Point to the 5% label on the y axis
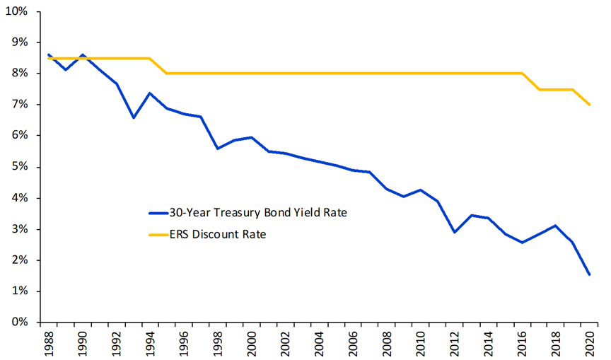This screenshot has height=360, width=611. (19, 167)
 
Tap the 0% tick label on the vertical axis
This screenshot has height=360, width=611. (19, 323)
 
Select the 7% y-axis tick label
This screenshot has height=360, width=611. (19, 105)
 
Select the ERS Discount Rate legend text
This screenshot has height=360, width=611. (217, 234)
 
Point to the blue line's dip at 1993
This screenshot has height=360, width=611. (133, 117)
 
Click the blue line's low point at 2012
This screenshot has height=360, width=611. (454, 232)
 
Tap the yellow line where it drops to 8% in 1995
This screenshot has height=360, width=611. (167, 74)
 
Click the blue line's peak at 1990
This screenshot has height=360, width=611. (83, 54)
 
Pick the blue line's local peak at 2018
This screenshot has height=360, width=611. (556, 226)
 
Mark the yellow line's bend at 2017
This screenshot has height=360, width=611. (539, 89)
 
